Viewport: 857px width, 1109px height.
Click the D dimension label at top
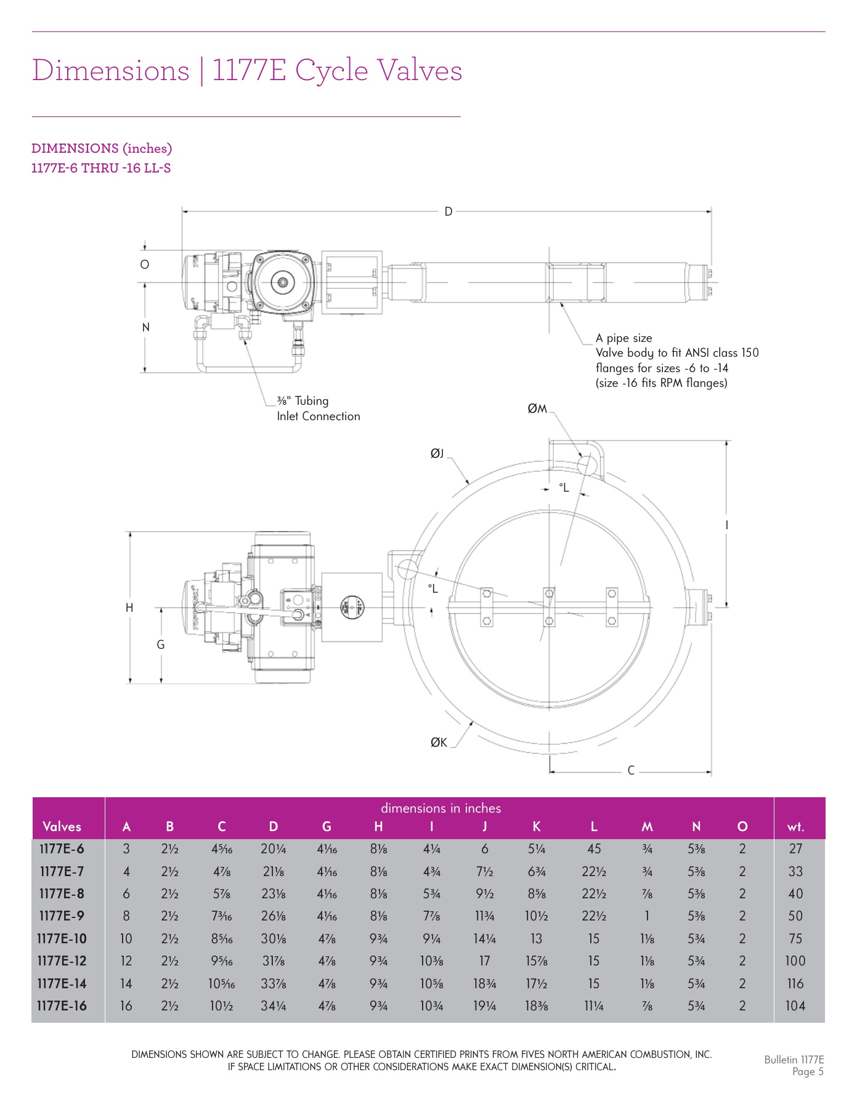pyautogui.click(x=448, y=211)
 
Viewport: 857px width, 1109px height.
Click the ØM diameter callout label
pyautogui.click(x=537, y=408)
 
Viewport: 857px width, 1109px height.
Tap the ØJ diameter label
pyautogui.click(x=436, y=454)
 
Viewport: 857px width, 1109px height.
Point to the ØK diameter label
pyautogui.click(x=439, y=742)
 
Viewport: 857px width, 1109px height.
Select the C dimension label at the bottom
pyautogui.click(x=631, y=770)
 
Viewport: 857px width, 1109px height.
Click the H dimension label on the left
pyautogui.click(x=129, y=607)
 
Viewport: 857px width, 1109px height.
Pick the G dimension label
pyautogui.click(x=161, y=644)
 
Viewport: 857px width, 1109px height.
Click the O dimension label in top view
pyautogui.click(x=145, y=264)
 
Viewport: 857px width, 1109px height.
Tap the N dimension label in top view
pyautogui.click(x=146, y=327)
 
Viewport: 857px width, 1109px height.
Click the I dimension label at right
pyautogui.click(x=726, y=525)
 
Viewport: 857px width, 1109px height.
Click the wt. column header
pyautogui.click(x=795, y=827)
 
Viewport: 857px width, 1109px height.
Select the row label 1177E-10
pyautogui.click(x=62, y=938)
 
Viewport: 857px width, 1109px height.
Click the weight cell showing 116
pyautogui.click(x=795, y=983)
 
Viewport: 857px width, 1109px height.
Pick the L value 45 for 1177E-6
pyautogui.click(x=593, y=849)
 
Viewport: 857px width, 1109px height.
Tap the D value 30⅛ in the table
pyautogui.click(x=274, y=938)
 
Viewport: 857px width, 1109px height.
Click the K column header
pyautogui.click(x=536, y=827)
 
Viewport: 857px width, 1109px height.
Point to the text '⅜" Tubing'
pyautogui.click(x=303, y=401)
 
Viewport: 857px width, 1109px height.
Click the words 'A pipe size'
pyautogui.click(x=623, y=338)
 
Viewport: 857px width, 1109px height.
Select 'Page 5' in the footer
pyautogui.click(x=808, y=1071)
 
